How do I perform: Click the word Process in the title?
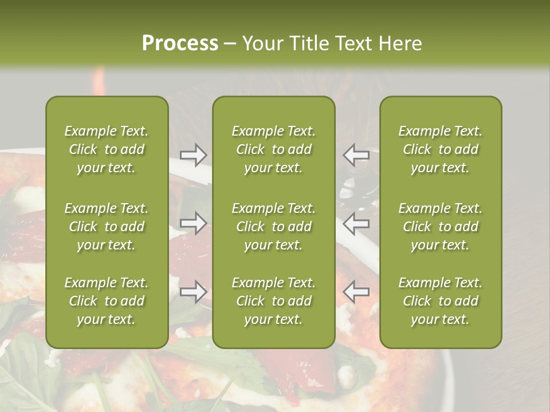tap(180, 43)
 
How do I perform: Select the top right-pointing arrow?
tap(193, 154)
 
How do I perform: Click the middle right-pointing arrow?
tap(193, 223)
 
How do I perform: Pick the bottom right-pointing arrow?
tap(193, 292)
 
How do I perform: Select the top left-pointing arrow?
tap(356, 154)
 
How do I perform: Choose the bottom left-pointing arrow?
tap(356, 292)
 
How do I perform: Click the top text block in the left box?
tap(107, 149)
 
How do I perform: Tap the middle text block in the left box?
tap(107, 227)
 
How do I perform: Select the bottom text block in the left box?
tap(107, 301)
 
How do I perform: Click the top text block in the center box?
tap(274, 149)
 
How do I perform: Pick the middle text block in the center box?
tap(274, 227)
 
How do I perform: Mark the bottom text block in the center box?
tap(274, 301)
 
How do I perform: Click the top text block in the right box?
tap(441, 149)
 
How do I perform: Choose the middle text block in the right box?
tap(441, 227)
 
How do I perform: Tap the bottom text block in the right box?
tap(441, 301)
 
